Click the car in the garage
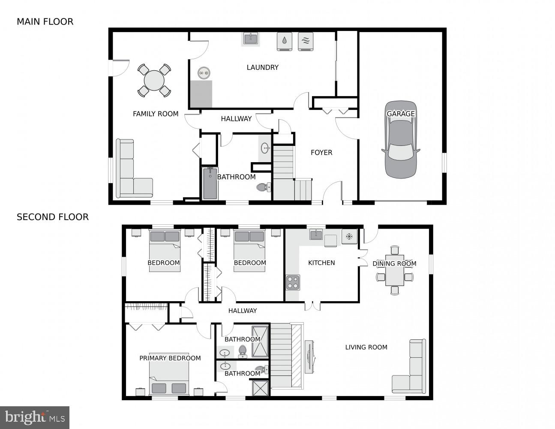pyautogui.click(x=401, y=142)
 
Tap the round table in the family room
pyautogui.click(x=154, y=80)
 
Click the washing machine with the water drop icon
pyautogui.click(x=285, y=41)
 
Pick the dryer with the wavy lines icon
pyautogui.click(x=306, y=41)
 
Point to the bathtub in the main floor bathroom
pyautogui.click(x=210, y=184)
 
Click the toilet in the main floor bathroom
pyautogui.click(x=263, y=187)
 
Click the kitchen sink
pyautogui.click(x=316, y=235)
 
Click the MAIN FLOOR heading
pyautogui.click(x=45, y=21)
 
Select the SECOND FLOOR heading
pyautogui.click(x=53, y=217)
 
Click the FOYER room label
pyautogui.click(x=321, y=152)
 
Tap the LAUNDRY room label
pyautogui.click(x=262, y=67)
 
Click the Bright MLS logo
pyautogui.click(x=35, y=417)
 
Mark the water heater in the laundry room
pyautogui.click(x=204, y=73)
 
